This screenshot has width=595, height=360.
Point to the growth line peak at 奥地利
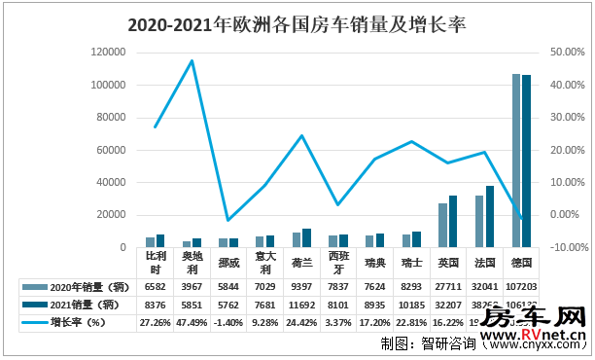192,61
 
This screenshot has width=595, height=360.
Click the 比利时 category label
156,263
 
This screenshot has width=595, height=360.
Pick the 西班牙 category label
337,263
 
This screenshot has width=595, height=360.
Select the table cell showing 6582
156,287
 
